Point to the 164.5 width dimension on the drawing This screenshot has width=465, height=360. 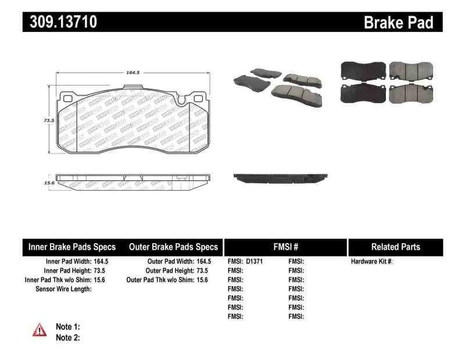pyautogui.click(x=133, y=73)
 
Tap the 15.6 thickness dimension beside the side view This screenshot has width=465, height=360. pyautogui.click(x=49, y=183)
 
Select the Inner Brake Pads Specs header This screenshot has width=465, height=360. pyautogui.click(x=71, y=247)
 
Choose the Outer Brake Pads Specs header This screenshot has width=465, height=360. pyautogui.click(x=173, y=247)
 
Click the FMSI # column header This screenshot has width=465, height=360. pyautogui.click(x=285, y=247)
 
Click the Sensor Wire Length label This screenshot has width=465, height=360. pyautogui.click(x=64, y=288)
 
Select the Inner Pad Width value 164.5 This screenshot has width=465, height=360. pyautogui.click(x=102, y=262)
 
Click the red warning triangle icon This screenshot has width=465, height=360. pyautogui.click(x=38, y=330)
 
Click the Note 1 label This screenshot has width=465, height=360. pyautogui.click(x=67, y=326)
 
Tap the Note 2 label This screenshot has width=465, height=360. pyautogui.click(x=67, y=337)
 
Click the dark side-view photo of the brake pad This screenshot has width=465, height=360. pyautogui.click(x=280, y=177)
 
